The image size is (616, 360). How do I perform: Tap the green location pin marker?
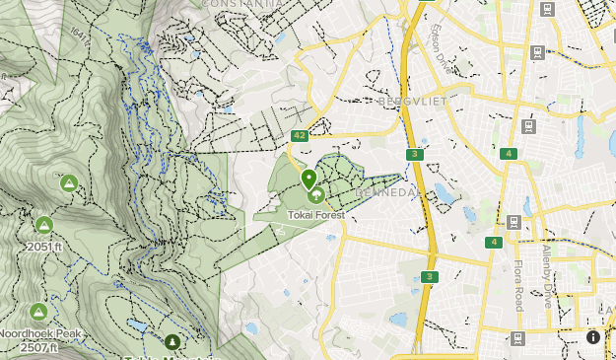pos(308,180)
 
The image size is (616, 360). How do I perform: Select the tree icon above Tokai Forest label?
pos(316,195)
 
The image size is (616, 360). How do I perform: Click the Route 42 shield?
pos(300,135)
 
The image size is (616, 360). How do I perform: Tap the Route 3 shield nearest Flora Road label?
pos(428,276)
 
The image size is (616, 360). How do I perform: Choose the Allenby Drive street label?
pos(547,276)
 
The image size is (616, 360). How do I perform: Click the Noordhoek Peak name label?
pos(40,333)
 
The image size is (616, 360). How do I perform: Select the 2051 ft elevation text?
pos(44,247)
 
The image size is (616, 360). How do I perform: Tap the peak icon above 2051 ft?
pos(43,224)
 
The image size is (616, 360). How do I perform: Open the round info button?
pos(593,337)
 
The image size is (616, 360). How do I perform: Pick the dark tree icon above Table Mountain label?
pos(173,342)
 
